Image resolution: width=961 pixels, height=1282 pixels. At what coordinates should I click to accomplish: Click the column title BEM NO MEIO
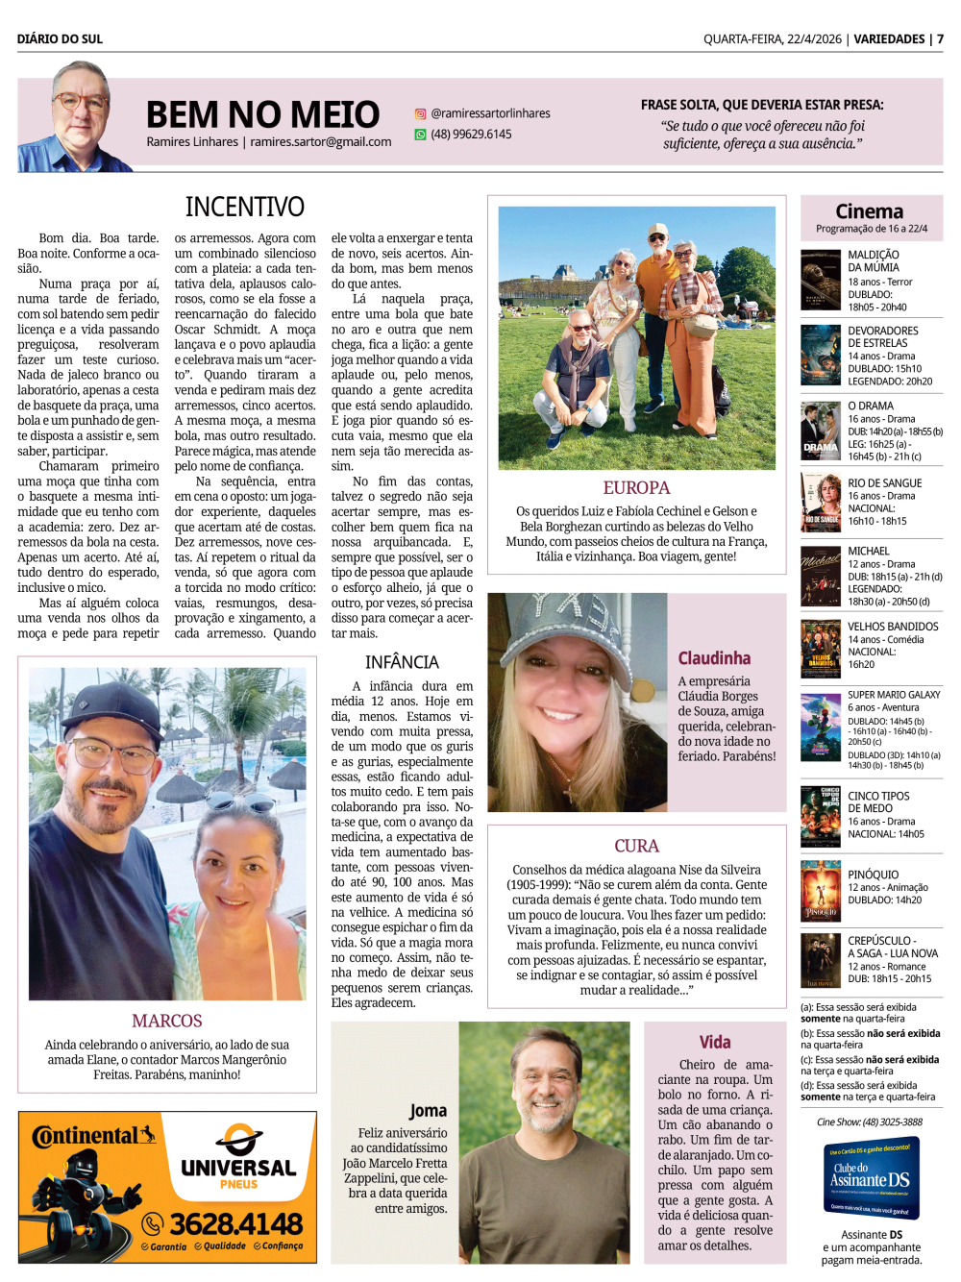click(262, 114)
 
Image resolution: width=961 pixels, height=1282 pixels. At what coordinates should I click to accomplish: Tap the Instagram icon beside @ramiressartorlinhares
click(420, 113)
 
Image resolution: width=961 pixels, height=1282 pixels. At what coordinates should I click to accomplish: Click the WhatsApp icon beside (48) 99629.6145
click(420, 135)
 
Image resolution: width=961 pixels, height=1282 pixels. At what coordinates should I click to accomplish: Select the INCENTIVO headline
click(244, 207)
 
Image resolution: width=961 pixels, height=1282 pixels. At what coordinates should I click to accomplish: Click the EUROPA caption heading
click(636, 487)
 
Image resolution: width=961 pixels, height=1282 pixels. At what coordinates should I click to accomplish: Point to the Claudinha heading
click(714, 658)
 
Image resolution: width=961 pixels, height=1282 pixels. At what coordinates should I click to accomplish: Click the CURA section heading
click(636, 846)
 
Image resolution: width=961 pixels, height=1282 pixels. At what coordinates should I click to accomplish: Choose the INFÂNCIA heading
click(402, 662)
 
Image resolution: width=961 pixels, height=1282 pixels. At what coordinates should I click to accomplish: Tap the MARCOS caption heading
click(167, 1021)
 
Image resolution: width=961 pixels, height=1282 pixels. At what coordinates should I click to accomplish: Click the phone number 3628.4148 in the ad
click(236, 1223)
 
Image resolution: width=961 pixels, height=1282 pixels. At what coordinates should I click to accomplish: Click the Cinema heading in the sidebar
click(869, 211)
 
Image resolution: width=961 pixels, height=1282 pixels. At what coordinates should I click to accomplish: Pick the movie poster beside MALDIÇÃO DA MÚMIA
click(821, 280)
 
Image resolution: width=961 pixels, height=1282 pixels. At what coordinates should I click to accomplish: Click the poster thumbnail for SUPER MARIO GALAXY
click(821, 728)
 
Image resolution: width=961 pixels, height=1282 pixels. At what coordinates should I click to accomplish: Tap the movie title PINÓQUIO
click(873, 875)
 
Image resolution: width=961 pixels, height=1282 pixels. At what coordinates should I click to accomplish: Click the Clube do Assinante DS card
click(870, 1178)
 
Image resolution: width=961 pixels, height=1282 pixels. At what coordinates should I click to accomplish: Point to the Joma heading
click(428, 1111)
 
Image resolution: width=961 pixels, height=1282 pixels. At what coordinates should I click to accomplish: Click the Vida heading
click(714, 1042)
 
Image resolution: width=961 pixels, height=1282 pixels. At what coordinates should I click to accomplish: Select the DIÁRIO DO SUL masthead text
click(60, 39)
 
